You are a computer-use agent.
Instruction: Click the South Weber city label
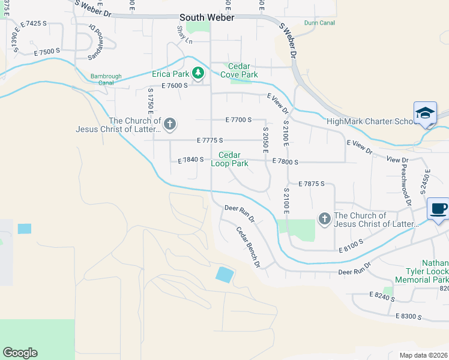(206, 17)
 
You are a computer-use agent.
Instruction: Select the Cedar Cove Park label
(243, 70)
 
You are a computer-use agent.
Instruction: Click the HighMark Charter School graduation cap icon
(425, 113)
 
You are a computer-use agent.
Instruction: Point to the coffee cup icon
(438, 209)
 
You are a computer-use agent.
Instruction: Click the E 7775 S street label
(210, 140)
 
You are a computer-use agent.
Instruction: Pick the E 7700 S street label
(238, 120)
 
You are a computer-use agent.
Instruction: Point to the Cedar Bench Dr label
(247, 247)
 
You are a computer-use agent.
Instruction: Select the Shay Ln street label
(184, 35)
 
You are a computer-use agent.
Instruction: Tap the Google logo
(20, 353)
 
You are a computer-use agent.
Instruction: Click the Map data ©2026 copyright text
(423, 355)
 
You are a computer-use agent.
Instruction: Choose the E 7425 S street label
(32, 23)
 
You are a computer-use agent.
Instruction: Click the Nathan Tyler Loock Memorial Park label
(422, 271)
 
